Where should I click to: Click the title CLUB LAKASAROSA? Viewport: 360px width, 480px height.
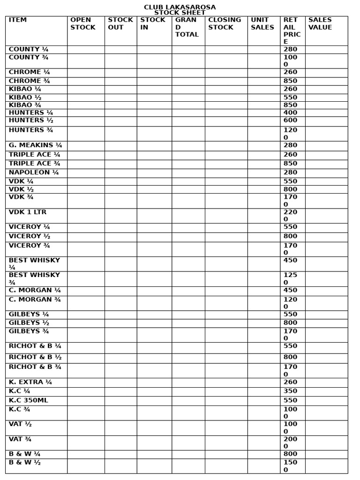click(180, 7)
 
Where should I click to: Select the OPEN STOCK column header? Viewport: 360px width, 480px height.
click(82, 23)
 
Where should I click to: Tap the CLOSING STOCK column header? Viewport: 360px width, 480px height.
click(224, 23)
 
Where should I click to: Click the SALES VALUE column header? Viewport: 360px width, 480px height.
click(320, 23)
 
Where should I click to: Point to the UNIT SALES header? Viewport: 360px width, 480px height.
click(262, 23)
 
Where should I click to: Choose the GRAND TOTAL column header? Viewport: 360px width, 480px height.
click(187, 27)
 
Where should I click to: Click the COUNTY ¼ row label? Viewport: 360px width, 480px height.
click(28, 49)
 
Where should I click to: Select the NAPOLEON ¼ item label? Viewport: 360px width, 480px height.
click(34, 172)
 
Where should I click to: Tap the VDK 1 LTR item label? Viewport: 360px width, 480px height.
click(28, 212)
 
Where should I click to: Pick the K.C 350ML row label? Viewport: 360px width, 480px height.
click(28, 400)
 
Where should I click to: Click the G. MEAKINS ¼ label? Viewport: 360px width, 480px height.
click(35, 145)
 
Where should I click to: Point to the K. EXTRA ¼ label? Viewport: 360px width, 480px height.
click(30, 382)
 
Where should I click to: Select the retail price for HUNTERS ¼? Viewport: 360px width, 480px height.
click(290, 113)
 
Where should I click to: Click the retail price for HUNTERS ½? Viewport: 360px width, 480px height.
click(290, 120)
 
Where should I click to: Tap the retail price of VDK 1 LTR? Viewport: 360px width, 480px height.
click(290, 216)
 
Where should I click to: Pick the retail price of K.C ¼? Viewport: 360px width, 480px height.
click(290, 391)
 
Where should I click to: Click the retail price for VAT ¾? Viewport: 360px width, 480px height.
click(290, 443)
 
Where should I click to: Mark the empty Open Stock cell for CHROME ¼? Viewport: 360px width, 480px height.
click(86, 73)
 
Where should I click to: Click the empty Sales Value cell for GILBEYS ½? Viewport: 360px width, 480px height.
click(326, 323)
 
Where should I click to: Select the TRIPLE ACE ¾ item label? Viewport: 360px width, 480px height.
click(34, 164)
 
